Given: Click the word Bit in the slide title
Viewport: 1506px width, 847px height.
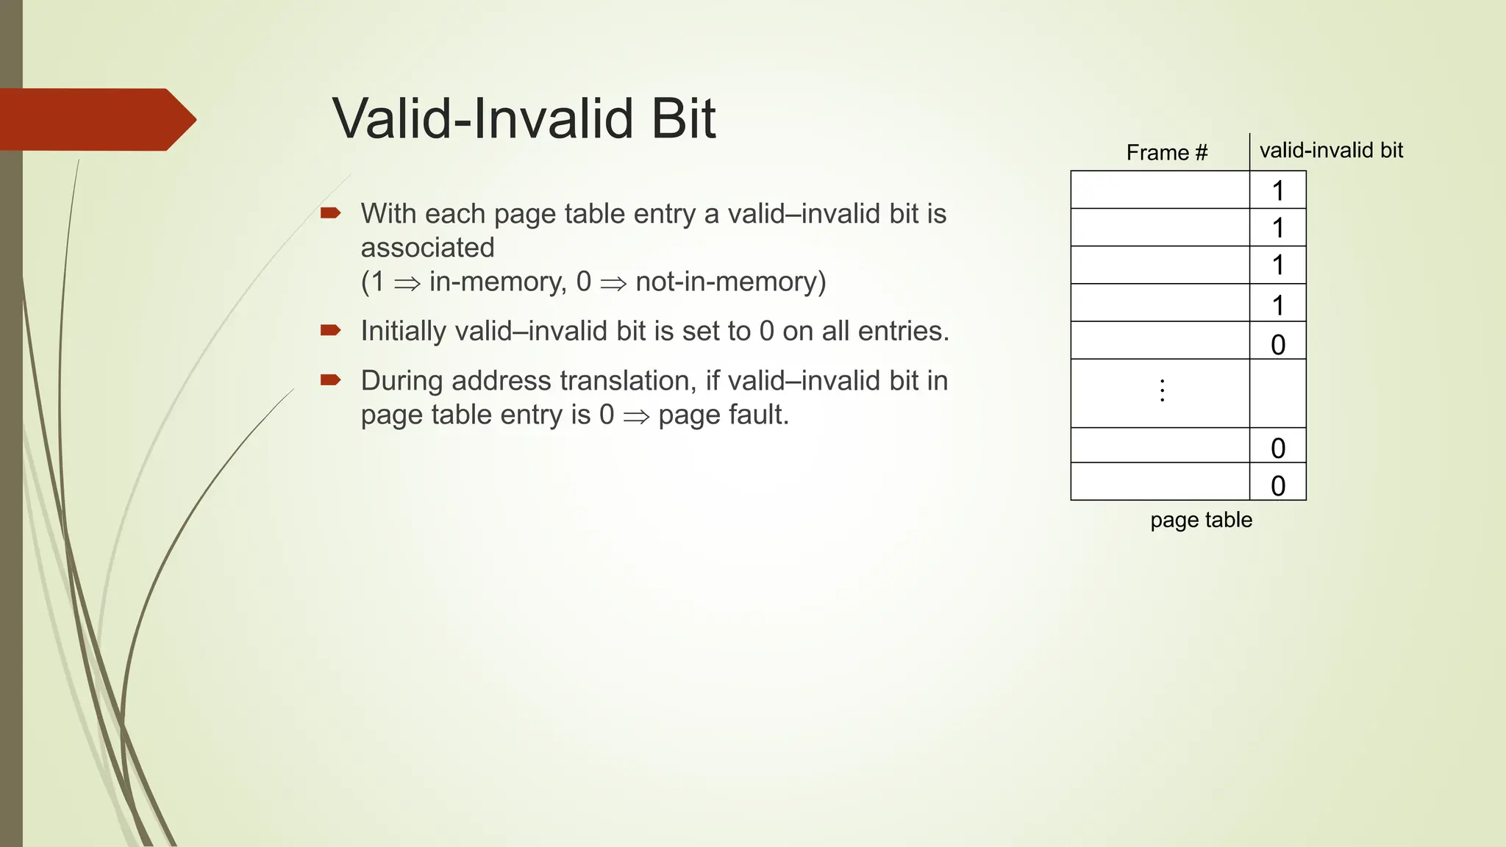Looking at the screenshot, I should click(683, 118).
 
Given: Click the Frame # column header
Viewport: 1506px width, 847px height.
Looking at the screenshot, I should click(1166, 153).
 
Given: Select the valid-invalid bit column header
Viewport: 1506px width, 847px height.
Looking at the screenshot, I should click(1331, 151).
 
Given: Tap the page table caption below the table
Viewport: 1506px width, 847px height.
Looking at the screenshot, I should click(1201, 520).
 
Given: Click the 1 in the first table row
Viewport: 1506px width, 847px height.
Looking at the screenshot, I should click(1278, 191).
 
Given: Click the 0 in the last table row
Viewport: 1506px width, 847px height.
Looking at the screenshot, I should click(1278, 486).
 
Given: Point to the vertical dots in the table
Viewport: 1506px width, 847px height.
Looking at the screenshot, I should click(1162, 390).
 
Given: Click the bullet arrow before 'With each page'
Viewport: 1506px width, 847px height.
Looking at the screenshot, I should click(330, 213).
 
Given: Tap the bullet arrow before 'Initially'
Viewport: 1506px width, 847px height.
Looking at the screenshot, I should click(330, 330).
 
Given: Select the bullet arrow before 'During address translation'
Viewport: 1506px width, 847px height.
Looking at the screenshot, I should click(330, 380).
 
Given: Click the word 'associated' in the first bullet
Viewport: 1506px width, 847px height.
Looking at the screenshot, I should click(427, 248).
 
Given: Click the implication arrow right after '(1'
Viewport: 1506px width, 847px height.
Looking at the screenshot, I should click(407, 283).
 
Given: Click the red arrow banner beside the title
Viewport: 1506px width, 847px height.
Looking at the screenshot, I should click(96, 119).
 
